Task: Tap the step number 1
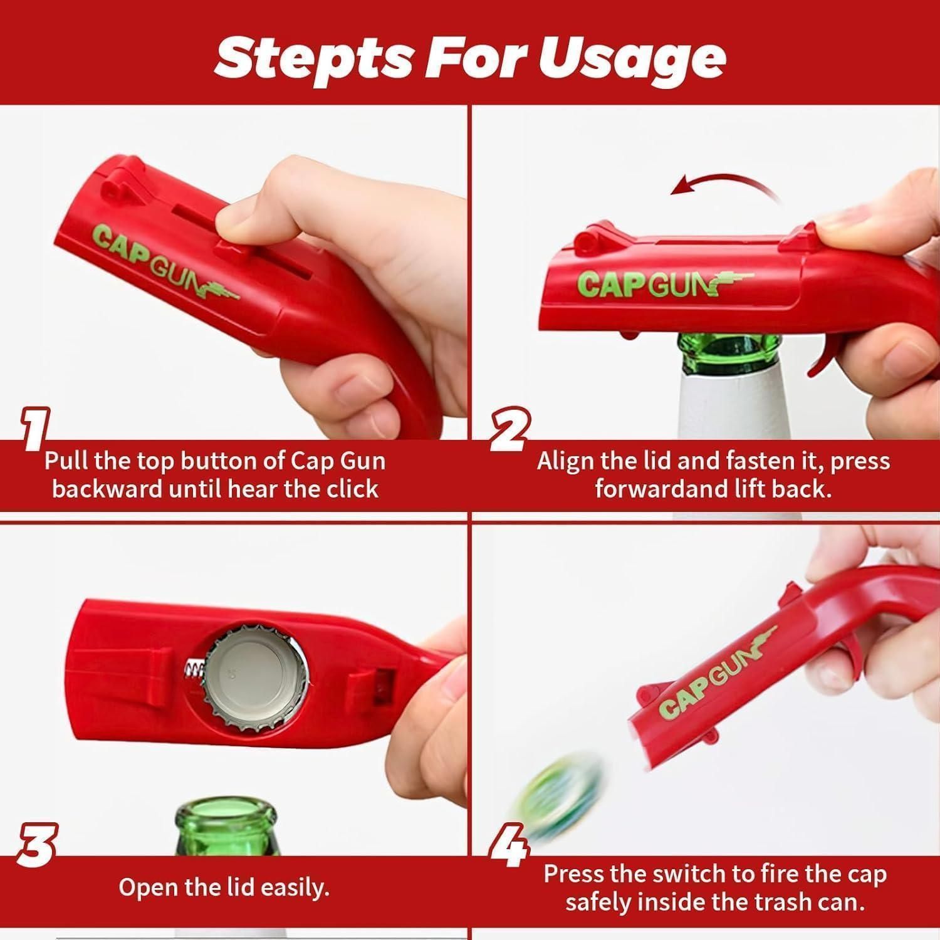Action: tap(36, 429)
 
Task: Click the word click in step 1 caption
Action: tap(348, 489)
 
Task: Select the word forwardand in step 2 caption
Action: tap(652, 489)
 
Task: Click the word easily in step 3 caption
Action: tap(296, 887)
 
